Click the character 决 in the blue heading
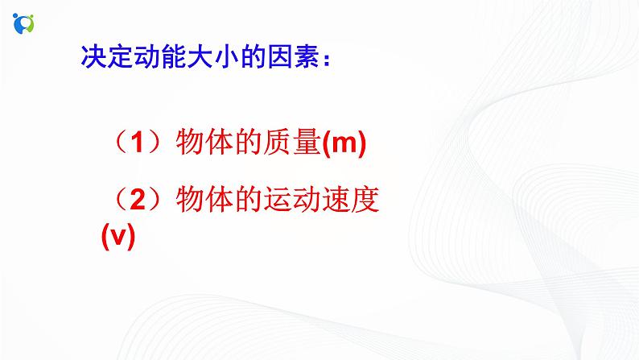point(93,60)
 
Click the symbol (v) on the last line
point(117,238)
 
